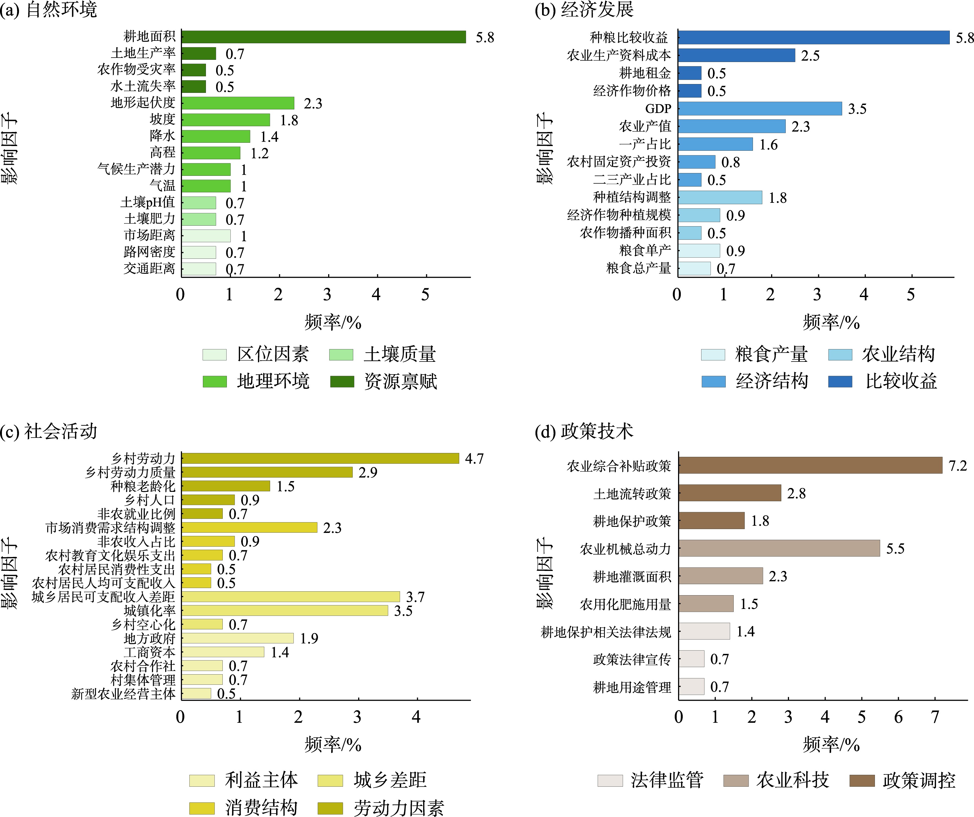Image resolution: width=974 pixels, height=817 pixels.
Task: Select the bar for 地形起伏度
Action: pyautogui.click(x=238, y=103)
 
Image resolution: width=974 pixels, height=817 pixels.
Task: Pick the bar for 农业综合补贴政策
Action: pyautogui.click(x=810, y=465)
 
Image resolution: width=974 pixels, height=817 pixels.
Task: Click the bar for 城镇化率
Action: pyautogui.click(x=284, y=610)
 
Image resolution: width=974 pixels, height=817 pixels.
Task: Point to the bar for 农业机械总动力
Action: pyautogui.click(x=779, y=548)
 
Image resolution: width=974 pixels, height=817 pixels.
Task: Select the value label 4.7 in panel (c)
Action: pyautogui.click(x=474, y=459)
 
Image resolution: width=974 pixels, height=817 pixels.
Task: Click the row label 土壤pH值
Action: pyautogui.click(x=148, y=203)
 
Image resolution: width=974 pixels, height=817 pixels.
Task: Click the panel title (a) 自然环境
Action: pyautogui.click(x=49, y=10)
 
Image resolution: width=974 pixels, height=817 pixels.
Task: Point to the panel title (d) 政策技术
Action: pyautogui.click(x=583, y=431)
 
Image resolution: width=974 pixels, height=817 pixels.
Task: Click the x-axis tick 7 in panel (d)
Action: pyautogui.click(x=935, y=718)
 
